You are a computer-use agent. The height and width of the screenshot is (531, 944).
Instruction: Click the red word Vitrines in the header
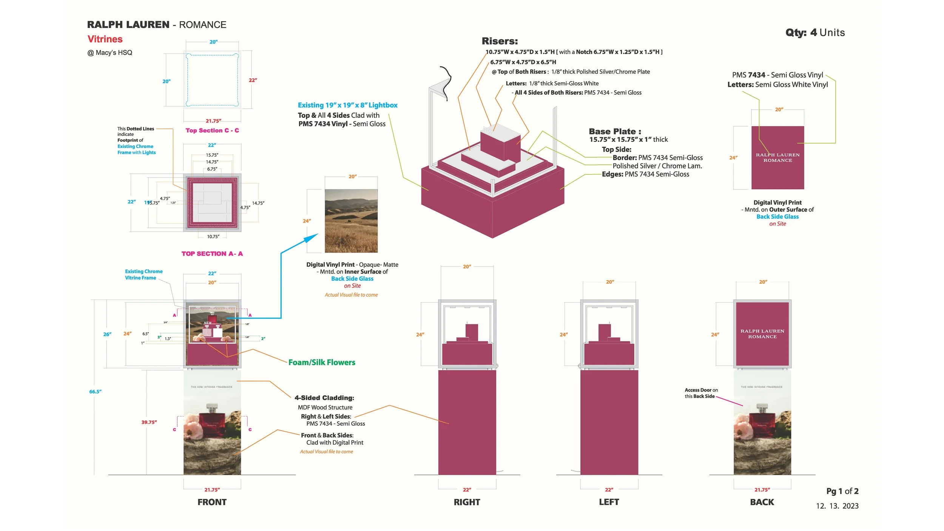[105, 39]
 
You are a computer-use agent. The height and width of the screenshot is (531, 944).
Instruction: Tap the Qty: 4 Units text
[815, 33]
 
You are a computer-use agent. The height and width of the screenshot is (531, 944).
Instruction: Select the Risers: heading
[500, 41]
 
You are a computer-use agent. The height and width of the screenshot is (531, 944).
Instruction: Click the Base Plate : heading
[615, 131]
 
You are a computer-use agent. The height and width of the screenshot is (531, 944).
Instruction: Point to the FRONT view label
[212, 502]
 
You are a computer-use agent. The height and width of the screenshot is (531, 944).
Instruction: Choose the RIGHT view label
[467, 502]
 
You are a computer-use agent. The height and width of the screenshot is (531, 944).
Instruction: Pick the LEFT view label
[609, 502]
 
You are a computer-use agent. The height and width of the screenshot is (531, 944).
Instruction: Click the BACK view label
[762, 502]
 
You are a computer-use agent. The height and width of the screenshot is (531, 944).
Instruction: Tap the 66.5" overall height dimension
[95, 392]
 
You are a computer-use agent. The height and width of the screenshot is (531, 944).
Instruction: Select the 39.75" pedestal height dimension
[149, 422]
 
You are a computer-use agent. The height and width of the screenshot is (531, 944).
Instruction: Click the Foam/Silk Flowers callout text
[322, 363]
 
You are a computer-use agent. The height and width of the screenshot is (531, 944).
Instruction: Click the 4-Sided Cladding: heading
[324, 398]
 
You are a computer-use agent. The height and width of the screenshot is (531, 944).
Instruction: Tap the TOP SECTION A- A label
[212, 254]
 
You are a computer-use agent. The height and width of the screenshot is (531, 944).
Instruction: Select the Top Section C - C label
[212, 130]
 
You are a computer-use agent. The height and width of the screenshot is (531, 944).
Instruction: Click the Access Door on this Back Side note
[701, 393]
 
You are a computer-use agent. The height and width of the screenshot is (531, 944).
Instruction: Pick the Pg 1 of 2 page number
[842, 491]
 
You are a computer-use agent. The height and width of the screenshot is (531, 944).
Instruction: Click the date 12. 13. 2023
[837, 506]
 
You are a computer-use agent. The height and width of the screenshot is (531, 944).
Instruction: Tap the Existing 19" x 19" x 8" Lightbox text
[347, 105]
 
